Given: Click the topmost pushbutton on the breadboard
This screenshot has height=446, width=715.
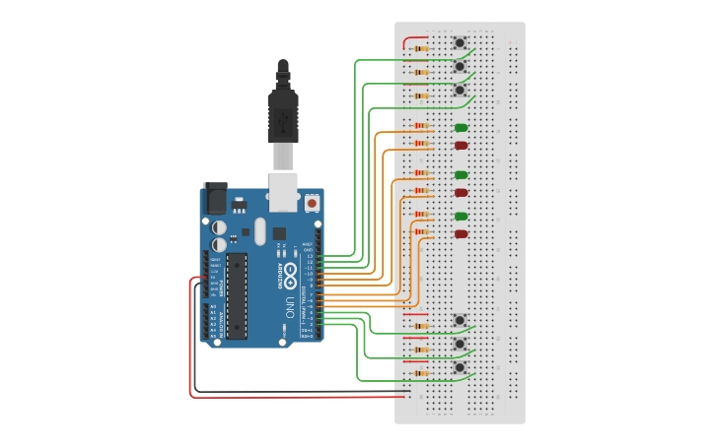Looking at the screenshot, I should click(460, 42).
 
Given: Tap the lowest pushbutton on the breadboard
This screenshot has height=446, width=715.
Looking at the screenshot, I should click(460, 367).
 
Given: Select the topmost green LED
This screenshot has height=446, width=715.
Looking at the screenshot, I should click(461, 127).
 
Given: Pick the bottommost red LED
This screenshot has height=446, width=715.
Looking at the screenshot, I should click(461, 234).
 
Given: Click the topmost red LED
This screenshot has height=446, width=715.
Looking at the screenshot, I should click(461, 146).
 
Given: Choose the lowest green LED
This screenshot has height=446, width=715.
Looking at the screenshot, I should click(461, 216).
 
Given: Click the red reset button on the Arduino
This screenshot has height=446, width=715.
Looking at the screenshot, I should click(312, 203).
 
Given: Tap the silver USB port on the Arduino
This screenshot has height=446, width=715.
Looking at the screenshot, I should click(283, 191).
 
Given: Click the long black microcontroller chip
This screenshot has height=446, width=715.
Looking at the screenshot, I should click(237, 294).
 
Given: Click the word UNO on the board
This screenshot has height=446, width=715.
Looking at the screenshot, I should click(290, 304).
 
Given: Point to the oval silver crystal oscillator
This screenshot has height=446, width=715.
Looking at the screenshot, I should click(259, 230).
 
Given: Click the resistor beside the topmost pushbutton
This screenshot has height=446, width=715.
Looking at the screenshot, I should click(421, 48).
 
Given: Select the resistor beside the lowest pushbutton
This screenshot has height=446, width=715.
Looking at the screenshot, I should click(421, 373).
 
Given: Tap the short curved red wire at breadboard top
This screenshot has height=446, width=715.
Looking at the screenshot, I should click(413, 39).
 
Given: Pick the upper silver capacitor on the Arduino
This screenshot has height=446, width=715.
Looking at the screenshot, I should click(218, 226).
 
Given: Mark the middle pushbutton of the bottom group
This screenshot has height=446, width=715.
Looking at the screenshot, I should click(460, 344).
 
